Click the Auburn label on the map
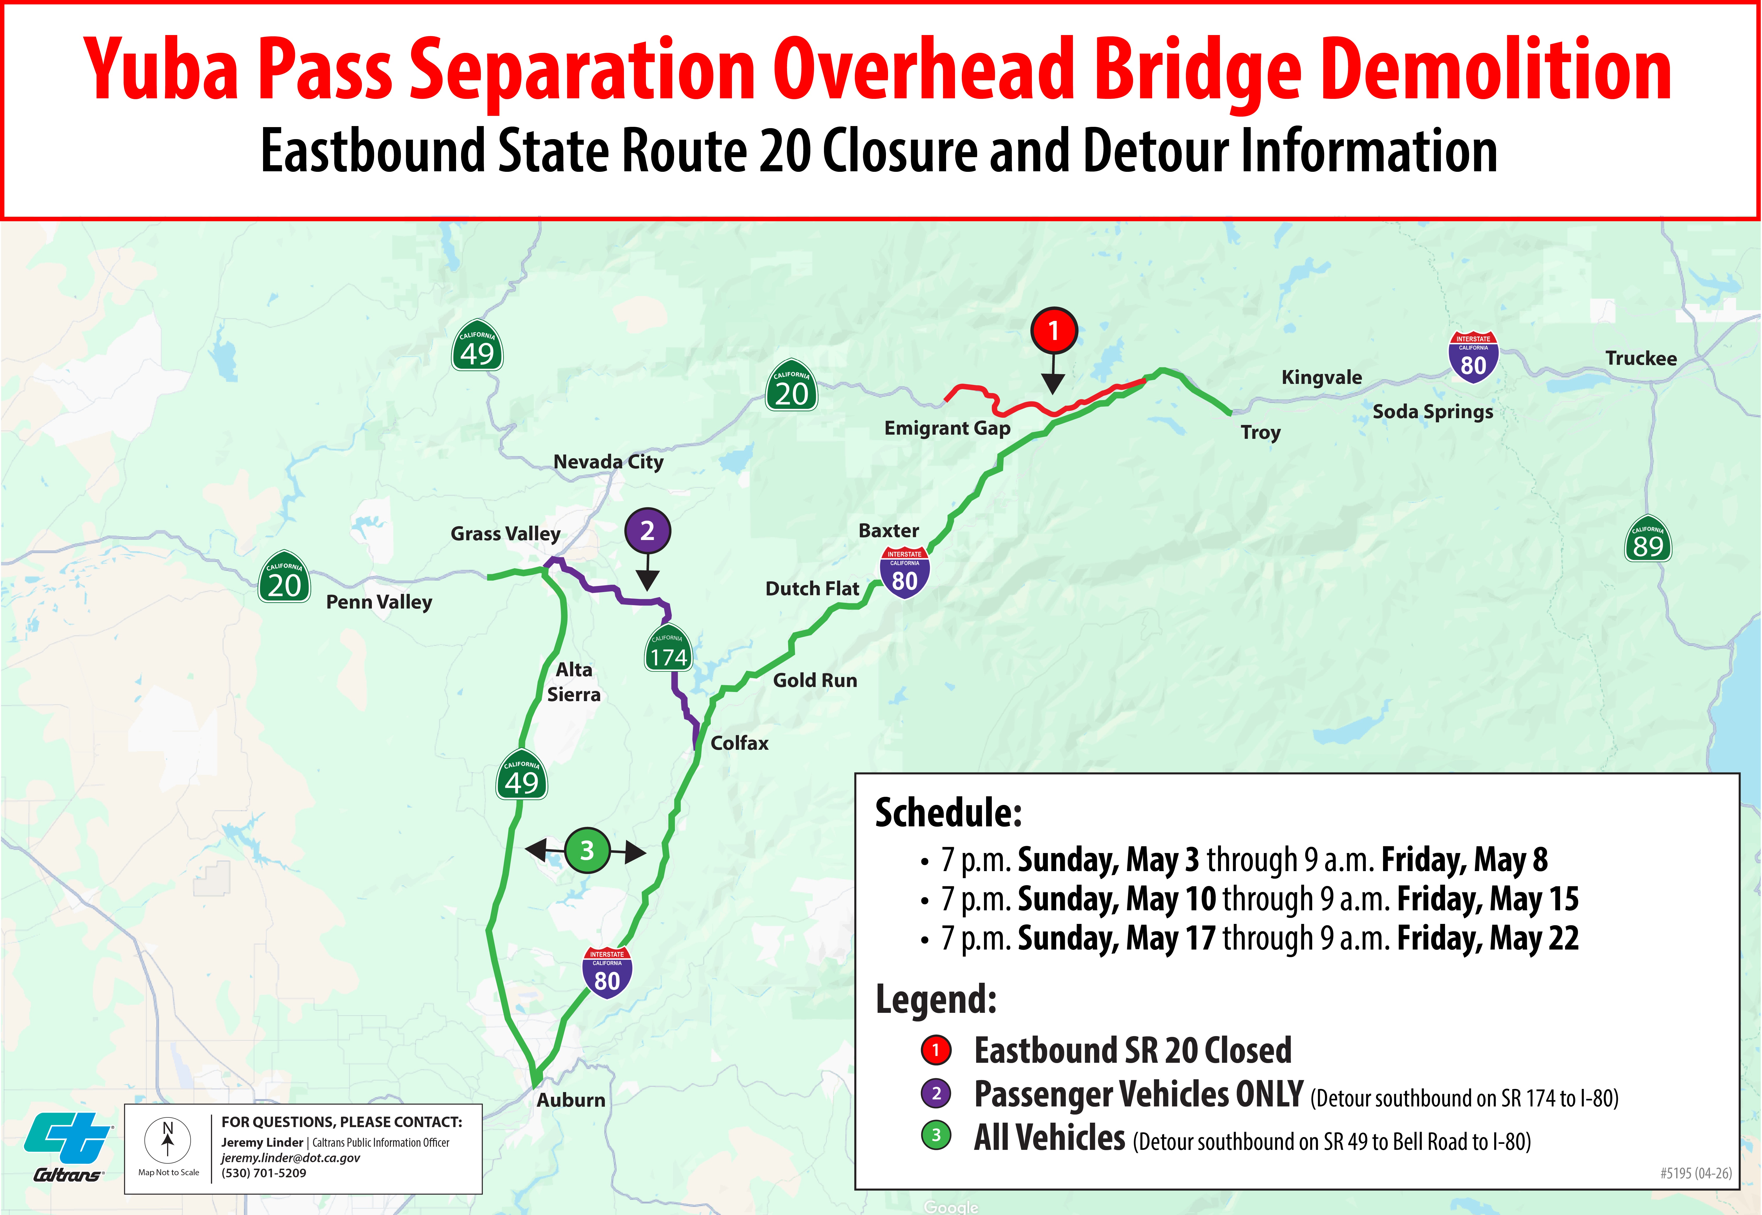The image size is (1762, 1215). (571, 1100)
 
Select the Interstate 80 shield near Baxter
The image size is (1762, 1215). (904, 572)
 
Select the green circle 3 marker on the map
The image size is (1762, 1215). (587, 850)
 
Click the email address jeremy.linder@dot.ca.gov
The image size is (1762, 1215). (291, 1158)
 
